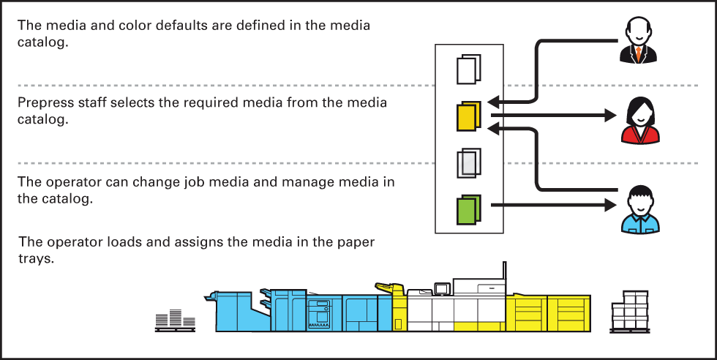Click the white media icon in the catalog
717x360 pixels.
click(468, 70)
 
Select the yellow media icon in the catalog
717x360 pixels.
click(468, 116)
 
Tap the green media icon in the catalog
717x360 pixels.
click(468, 209)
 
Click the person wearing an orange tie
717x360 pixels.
click(639, 42)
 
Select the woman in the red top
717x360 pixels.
click(639, 120)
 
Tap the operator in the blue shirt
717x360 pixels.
click(639, 211)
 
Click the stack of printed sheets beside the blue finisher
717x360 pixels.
click(175, 316)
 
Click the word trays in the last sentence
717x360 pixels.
click(37, 258)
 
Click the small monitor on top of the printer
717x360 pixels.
click(441, 289)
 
